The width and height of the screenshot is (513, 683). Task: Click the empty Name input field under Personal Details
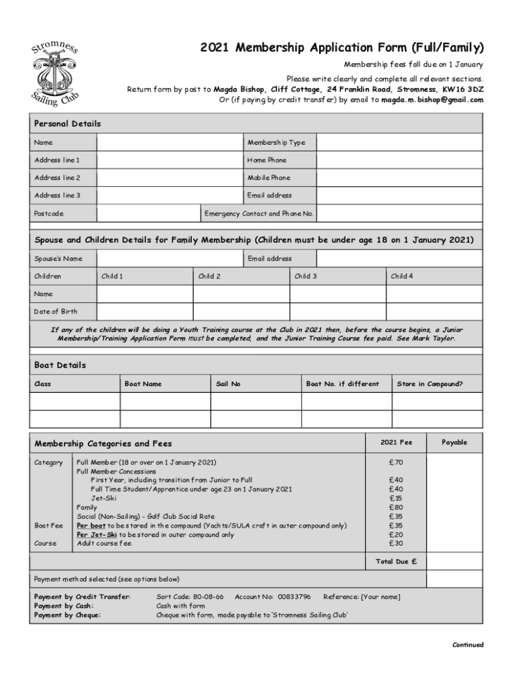169,143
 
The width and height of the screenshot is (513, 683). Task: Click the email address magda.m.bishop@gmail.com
432,100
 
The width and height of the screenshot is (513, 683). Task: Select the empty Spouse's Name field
169,259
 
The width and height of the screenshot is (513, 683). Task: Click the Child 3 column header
306,276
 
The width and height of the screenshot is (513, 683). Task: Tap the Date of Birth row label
56,311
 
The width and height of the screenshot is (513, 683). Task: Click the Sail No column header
229,384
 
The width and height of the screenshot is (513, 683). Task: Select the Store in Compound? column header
430,384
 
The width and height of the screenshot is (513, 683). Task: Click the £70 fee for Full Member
396,462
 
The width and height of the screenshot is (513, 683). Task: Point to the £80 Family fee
396,507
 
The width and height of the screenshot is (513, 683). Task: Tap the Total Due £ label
396,562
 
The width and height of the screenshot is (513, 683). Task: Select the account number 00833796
293,596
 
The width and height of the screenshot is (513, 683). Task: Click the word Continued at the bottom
468,645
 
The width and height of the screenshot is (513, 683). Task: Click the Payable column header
454,442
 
